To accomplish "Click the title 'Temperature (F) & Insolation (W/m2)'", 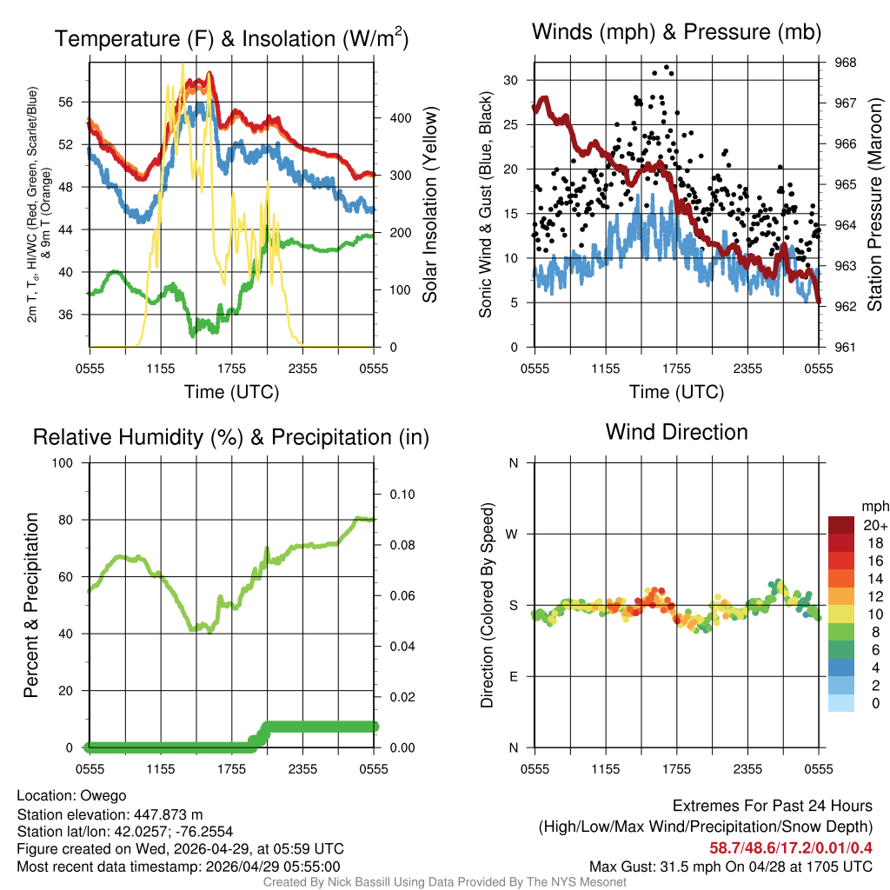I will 231,38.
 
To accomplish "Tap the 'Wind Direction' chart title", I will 676,431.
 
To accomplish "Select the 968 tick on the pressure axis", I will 846,63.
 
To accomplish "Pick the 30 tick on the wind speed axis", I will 511,80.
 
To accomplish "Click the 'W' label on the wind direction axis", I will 513,534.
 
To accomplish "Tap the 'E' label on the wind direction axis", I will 513,676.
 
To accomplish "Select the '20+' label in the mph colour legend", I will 874,525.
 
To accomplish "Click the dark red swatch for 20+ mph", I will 841,525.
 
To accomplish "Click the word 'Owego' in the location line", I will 103,795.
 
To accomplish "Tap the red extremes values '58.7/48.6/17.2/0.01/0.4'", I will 791,847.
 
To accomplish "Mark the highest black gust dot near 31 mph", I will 667,67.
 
